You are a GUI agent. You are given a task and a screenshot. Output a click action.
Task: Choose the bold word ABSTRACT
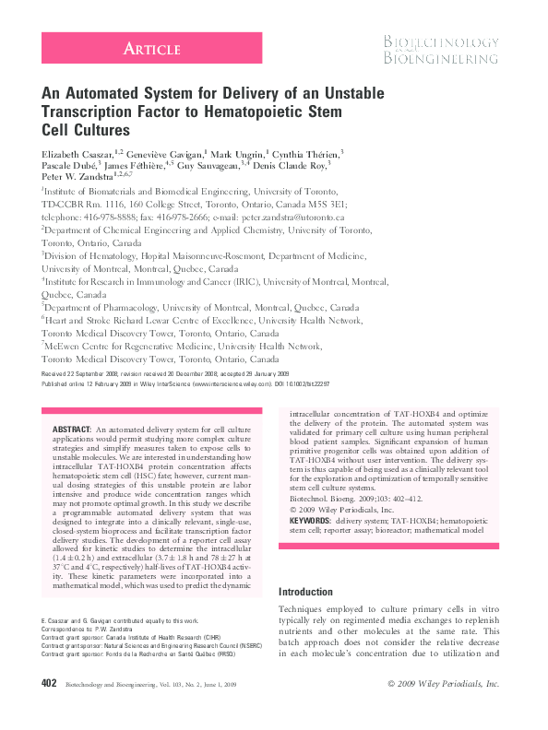point(70,430)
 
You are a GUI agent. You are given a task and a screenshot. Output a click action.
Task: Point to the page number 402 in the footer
point(50,683)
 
